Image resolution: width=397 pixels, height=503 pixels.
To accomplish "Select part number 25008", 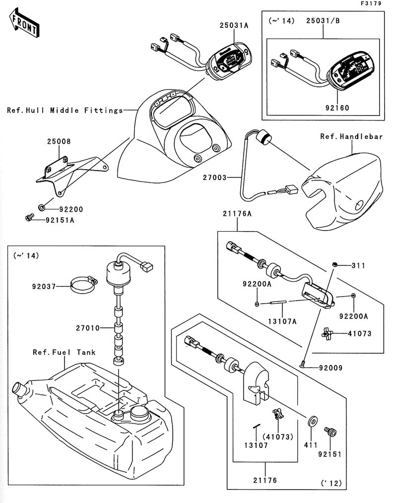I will click(59, 141).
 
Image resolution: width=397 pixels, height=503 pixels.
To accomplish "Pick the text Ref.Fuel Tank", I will click(64, 352).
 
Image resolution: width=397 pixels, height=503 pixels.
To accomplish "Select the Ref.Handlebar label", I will click(351, 136).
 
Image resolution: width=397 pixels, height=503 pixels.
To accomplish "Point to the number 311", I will click(358, 266).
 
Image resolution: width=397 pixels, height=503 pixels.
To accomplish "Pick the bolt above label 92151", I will click(330, 432).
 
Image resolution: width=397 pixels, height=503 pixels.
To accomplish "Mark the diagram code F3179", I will click(371, 3).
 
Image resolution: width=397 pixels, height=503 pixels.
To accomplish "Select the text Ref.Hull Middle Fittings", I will click(65, 111).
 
